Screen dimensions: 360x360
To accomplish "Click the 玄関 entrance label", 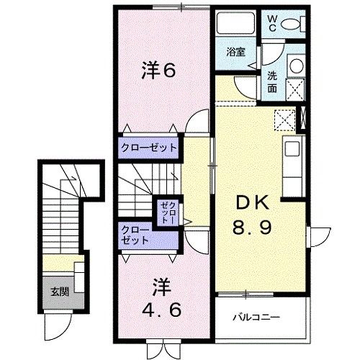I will click(60, 292).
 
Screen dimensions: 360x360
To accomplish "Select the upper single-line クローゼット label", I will click(148, 148).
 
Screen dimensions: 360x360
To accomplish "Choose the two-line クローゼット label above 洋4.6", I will click(135, 235).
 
